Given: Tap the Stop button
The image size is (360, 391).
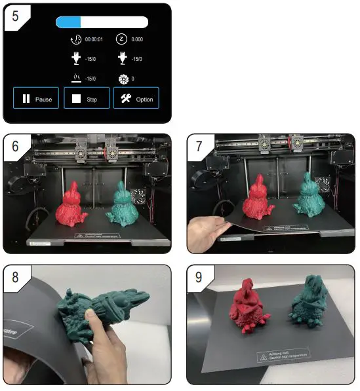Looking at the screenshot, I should (86, 99).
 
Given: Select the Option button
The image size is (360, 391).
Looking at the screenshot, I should (136, 99).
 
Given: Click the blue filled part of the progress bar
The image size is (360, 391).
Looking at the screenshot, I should (68, 22).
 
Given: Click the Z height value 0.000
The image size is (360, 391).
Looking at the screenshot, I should (137, 39).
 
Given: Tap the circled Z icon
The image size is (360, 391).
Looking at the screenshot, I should (121, 39).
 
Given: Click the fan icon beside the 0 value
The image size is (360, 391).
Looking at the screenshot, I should (121, 79).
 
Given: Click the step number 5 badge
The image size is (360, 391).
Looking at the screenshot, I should (14, 14).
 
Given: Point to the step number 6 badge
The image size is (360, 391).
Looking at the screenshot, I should (14, 145).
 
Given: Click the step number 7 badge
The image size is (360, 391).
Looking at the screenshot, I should (198, 145).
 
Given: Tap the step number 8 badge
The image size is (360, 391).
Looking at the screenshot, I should (14, 276).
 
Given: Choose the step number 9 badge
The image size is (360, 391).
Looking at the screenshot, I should (198, 276).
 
